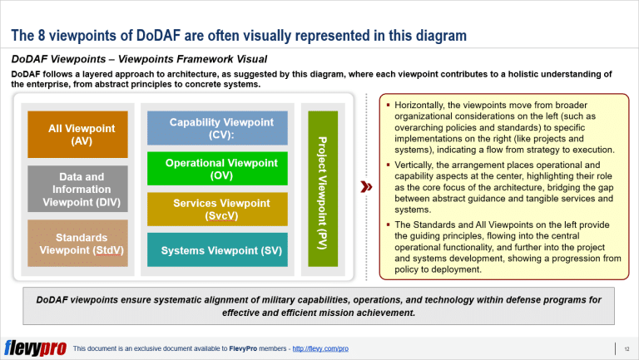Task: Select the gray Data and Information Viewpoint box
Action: [x=77, y=190]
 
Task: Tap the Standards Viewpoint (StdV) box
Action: [x=77, y=244]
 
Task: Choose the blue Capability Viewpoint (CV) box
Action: [x=217, y=128]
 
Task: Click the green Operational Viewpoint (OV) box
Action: [x=217, y=169]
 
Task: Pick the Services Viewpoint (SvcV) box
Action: [x=217, y=210]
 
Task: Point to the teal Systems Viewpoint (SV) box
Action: [x=217, y=250]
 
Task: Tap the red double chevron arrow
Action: [x=364, y=188]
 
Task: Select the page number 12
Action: [x=625, y=348]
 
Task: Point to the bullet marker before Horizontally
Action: [x=388, y=106]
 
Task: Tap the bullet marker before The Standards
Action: [x=388, y=224]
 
